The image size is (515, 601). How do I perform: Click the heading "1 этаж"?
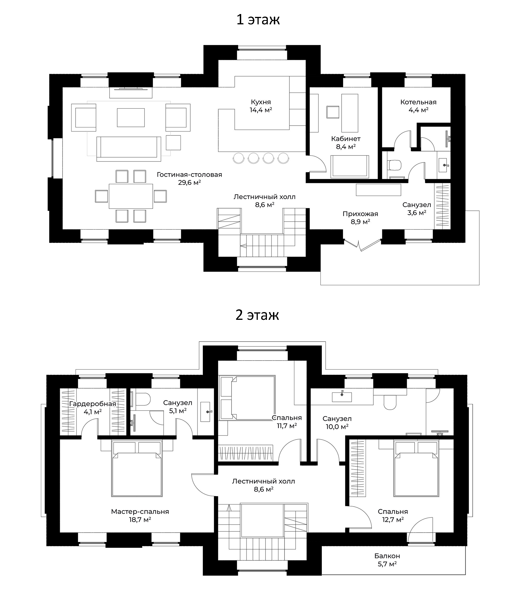(x=258, y=20)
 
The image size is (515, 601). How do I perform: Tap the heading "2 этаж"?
(x=257, y=315)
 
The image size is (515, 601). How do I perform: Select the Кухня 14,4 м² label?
(x=261, y=106)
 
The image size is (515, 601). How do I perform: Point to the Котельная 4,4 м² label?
(x=418, y=106)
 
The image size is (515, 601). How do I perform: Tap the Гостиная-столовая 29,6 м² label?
(x=189, y=178)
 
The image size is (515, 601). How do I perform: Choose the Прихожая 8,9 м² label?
(x=360, y=218)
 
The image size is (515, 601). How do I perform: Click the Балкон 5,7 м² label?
(x=387, y=560)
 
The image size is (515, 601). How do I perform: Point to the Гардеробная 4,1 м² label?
(x=92, y=407)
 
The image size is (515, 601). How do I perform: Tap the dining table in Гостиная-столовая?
(x=131, y=196)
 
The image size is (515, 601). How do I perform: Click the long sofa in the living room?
(x=129, y=149)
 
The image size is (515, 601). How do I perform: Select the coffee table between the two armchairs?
(x=131, y=117)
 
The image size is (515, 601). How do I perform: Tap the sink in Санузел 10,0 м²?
(x=342, y=397)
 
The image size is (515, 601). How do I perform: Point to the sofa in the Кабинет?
(x=350, y=166)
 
